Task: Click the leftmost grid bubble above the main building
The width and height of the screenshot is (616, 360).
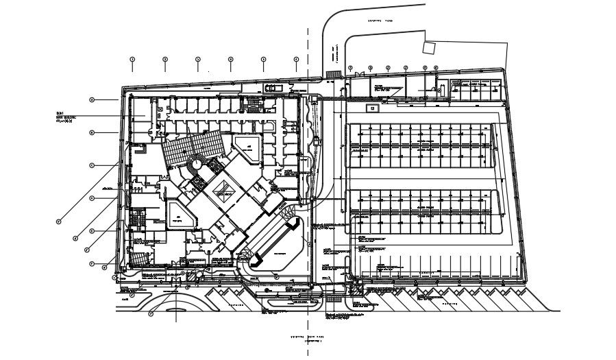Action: point(132,60)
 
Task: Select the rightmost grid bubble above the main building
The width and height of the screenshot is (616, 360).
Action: point(296,60)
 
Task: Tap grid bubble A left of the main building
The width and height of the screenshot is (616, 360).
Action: point(91,100)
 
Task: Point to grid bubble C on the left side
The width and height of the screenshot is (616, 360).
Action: point(91,165)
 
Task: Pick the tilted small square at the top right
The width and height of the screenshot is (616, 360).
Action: point(429,48)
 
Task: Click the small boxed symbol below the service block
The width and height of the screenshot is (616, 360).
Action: point(373,108)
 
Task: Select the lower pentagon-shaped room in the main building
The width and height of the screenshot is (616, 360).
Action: point(179,217)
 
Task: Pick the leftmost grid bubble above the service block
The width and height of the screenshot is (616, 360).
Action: point(351,68)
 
